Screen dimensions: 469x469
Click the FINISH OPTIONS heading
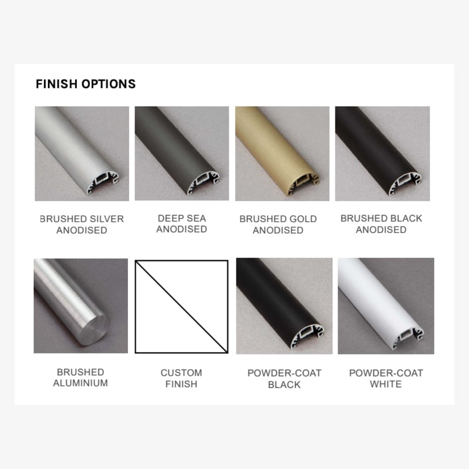(x=85, y=84)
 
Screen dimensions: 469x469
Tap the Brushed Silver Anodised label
(x=82, y=224)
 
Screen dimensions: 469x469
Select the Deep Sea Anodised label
(x=182, y=224)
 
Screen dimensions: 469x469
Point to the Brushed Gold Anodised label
(x=278, y=224)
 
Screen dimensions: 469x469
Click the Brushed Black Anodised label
(x=381, y=224)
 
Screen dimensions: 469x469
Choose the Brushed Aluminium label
(x=81, y=378)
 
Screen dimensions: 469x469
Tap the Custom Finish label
(x=181, y=378)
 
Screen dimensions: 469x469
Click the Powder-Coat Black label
(x=285, y=378)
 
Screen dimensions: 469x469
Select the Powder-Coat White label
(x=386, y=378)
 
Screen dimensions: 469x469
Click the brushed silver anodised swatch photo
(x=82, y=153)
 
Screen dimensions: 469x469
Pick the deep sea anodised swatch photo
(x=182, y=153)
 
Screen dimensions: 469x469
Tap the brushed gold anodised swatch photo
(x=282, y=153)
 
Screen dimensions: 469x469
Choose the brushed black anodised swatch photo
(x=383, y=153)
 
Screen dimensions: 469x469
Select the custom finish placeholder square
(x=182, y=307)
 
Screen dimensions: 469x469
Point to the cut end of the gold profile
(x=303, y=183)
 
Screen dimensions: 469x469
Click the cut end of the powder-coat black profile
(x=307, y=336)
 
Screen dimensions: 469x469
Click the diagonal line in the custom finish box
(x=182, y=307)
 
